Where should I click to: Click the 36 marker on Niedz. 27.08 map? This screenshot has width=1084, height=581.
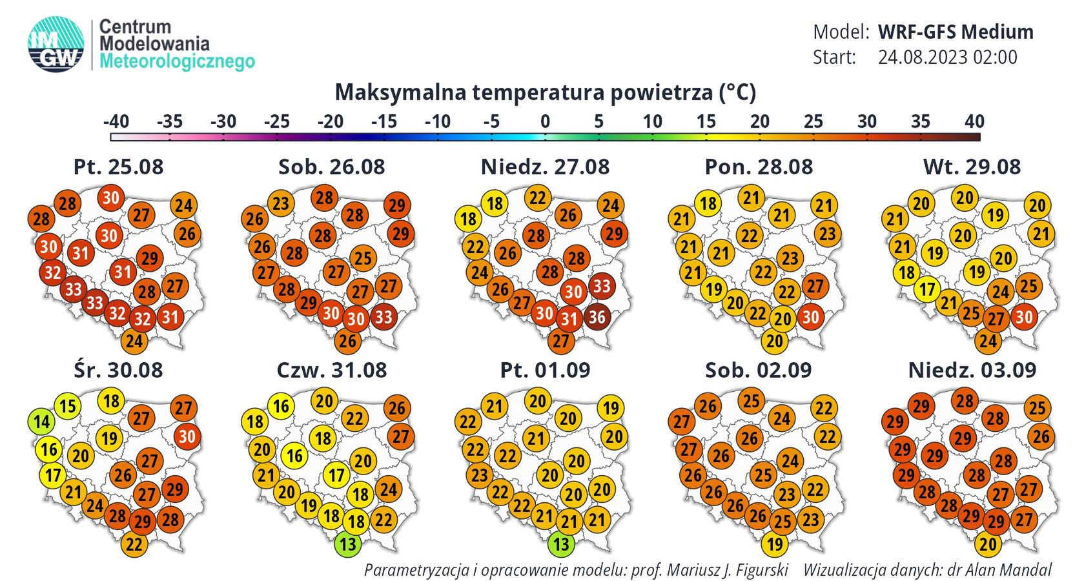[597, 317]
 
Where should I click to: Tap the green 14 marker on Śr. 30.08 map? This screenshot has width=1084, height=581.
[41, 422]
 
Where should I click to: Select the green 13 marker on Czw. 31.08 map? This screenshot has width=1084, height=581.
[347, 544]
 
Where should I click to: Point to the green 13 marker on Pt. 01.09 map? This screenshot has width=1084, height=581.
[561, 544]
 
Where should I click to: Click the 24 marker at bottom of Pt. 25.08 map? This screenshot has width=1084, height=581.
[134, 341]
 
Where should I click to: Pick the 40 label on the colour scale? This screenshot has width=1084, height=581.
[974, 121]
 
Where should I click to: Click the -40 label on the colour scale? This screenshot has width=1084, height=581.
[116, 121]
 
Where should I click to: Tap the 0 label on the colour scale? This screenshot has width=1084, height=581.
[545, 121]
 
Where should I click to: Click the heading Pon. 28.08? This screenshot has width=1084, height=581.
[758, 167]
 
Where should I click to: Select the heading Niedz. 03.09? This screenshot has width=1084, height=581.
[972, 370]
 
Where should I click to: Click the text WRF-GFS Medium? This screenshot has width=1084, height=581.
[956, 32]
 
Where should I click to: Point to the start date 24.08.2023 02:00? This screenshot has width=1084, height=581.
[947, 57]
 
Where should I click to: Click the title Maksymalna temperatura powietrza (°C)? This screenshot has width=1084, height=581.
[545, 92]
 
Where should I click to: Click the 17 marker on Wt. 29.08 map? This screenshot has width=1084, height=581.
[927, 290]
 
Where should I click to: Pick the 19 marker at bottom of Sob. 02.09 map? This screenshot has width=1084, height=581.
[774, 544]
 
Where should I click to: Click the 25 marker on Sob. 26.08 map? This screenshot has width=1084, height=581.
[363, 258]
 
